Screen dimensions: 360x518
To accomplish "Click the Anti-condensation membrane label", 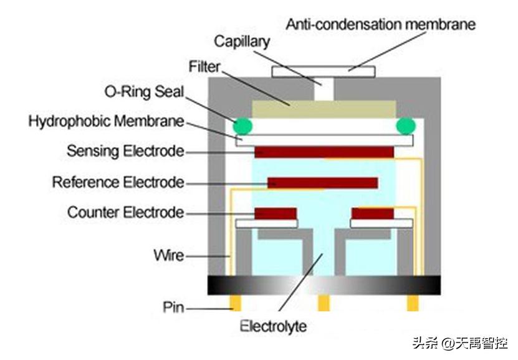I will pyautogui.click(x=380, y=25).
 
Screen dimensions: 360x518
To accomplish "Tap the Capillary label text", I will pyautogui.click(x=242, y=42).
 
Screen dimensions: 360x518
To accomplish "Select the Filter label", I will pyautogui.click(x=205, y=66).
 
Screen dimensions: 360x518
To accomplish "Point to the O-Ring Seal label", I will pyautogui.click(x=143, y=92).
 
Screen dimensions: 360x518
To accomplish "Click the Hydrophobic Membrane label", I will pyautogui.click(x=106, y=121).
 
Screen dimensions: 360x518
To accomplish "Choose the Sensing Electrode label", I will pyautogui.click(x=125, y=151).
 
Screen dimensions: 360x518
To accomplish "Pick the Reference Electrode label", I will pyautogui.click(x=118, y=182).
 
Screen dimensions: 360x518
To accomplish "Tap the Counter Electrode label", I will pyautogui.click(x=126, y=212).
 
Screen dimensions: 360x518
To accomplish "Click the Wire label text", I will pyautogui.click(x=168, y=255).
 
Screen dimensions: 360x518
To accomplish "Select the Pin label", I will pyautogui.click(x=172, y=307).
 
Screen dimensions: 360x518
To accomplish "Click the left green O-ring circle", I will pyautogui.click(x=243, y=126).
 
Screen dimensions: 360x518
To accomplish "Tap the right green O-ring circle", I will pyautogui.click(x=406, y=126).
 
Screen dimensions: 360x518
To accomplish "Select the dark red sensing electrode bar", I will pyautogui.click(x=324, y=152).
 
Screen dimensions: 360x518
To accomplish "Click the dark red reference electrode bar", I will pyautogui.click(x=322, y=183).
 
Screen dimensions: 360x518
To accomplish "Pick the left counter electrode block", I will pyautogui.click(x=275, y=213).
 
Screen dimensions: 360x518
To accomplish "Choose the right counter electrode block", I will pyautogui.click(x=373, y=213).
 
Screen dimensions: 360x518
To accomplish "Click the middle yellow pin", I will pyautogui.click(x=324, y=303).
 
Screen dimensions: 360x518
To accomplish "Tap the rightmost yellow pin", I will pyautogui.click(x=412, y=303).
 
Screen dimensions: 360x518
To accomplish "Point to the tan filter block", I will pyautogui.click(x=324, y=111).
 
